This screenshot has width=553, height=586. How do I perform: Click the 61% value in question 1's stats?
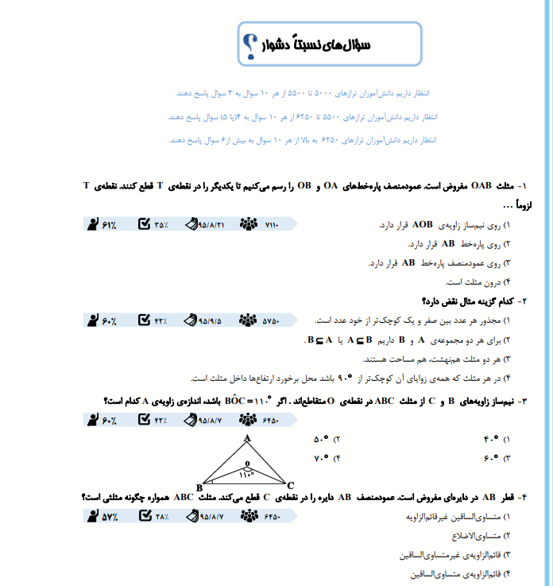(109, 225)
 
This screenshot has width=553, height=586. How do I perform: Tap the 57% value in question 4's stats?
(109, 517)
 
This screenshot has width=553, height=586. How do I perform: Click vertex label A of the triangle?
(247, 438)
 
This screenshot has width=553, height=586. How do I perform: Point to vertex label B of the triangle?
(198, 487)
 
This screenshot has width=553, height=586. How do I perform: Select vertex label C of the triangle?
(291, 485)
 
